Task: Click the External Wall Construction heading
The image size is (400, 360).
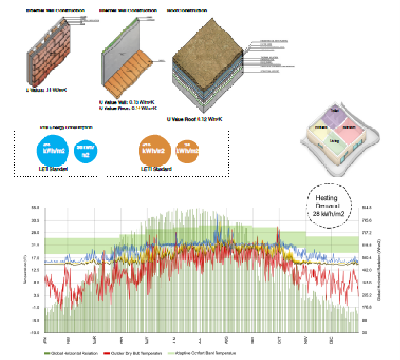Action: pyautogui.click(x=55, y=10)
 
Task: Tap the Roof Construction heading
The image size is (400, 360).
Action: pyautogui.click(x=187, y=10)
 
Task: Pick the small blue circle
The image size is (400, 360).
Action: pyautogui.click(x=85, y=151)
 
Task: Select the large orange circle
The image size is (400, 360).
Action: pyautogui.click(x=156, y=151)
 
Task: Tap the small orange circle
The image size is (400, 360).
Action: pyautogui.click(x=188, y=151)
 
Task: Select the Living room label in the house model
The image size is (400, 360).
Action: pyautogui.click(x=335, y=140)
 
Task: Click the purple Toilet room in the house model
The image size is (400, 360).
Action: pyautogui.click(x=334, y=112)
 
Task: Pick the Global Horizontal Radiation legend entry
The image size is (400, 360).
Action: pyautogui.click(x=70, y=353)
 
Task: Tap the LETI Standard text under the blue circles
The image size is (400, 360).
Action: pyautogui.click(x=53, y=169)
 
